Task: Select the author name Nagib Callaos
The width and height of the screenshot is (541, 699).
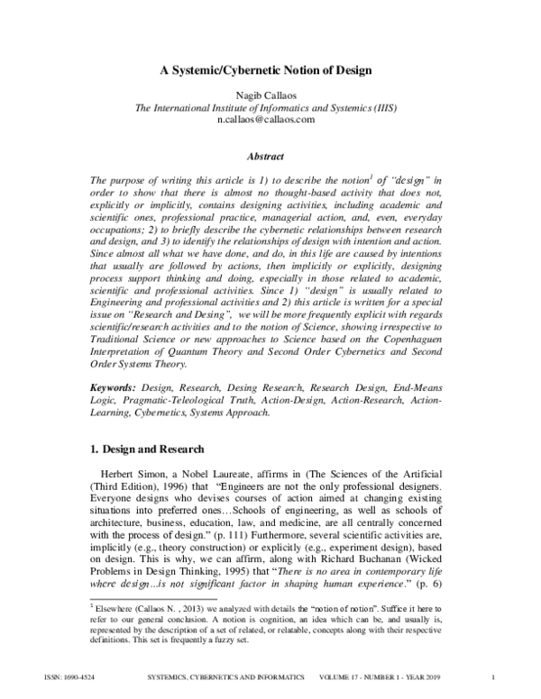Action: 270,95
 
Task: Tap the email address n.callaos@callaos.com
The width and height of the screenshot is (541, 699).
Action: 270,119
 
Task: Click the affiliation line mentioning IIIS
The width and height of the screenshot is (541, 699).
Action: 270,107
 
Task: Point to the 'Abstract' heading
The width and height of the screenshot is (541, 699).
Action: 270,155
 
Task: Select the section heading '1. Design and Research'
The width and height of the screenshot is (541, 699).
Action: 149,449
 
